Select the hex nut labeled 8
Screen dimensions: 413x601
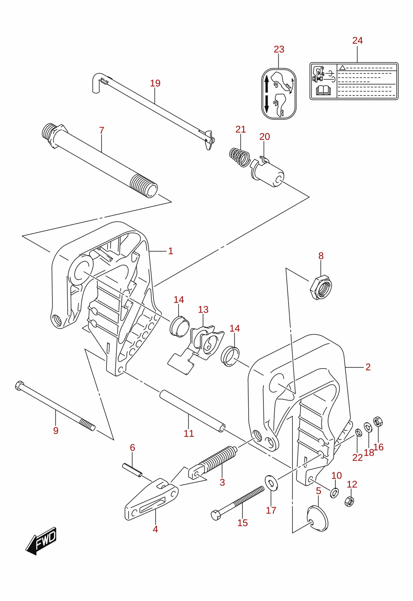(x=320, y=287)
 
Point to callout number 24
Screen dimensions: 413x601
(x=357, y=40)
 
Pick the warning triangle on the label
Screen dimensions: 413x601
(x=342, y=67)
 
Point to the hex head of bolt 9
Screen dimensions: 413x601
(x=19, y=386)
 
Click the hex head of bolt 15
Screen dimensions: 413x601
(x=216, y=516)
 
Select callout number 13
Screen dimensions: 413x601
(x=203, y=310)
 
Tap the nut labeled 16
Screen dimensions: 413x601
(x=378, y=422)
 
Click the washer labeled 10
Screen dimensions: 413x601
(x=334, y=492)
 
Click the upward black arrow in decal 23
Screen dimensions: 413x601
(x=266, y=83)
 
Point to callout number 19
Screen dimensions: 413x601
(x=155, y=83)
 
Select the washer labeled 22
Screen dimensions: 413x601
(x=358, y=433)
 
